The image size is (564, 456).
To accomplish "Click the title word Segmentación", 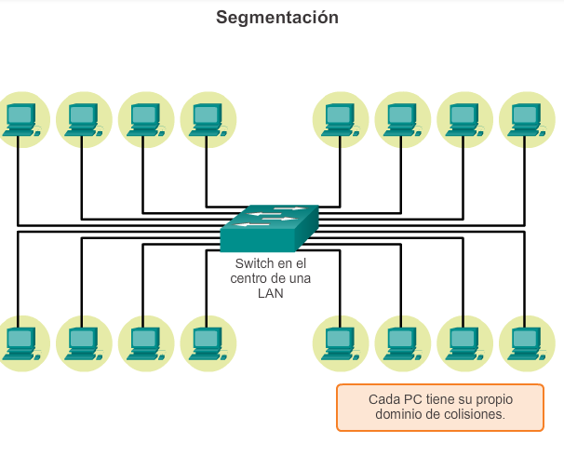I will (277, 18).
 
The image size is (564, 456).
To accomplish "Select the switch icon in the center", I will (270, 227).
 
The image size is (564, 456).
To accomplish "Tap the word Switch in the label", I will (255, 263).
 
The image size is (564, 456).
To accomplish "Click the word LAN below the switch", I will (270, 293).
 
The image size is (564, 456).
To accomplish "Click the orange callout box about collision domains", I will (439, 408).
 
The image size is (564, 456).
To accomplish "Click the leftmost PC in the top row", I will (20, 119).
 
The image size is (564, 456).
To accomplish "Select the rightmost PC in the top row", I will (526, 119).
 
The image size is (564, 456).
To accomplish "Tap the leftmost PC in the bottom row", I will (20, 342).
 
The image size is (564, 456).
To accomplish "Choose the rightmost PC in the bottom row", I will (526, 342).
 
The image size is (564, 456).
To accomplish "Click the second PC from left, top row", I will (83, 119).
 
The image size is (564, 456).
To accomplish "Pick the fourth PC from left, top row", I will (207, 119).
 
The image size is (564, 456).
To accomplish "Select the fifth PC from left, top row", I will (340, 119).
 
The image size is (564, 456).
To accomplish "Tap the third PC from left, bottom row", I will (144, 342).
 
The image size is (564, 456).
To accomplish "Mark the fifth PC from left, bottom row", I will (340, 342).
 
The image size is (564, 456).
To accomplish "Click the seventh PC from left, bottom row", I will (463, 342).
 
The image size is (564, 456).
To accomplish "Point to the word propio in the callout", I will (492, 399).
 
